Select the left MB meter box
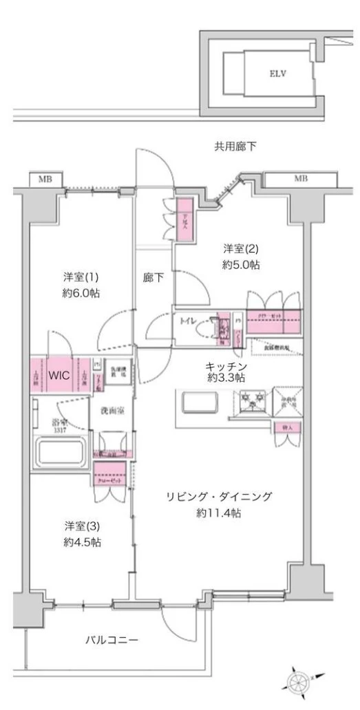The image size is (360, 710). [45, 180]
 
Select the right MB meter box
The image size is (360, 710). [301, 180]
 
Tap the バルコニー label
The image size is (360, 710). [112, 640]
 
